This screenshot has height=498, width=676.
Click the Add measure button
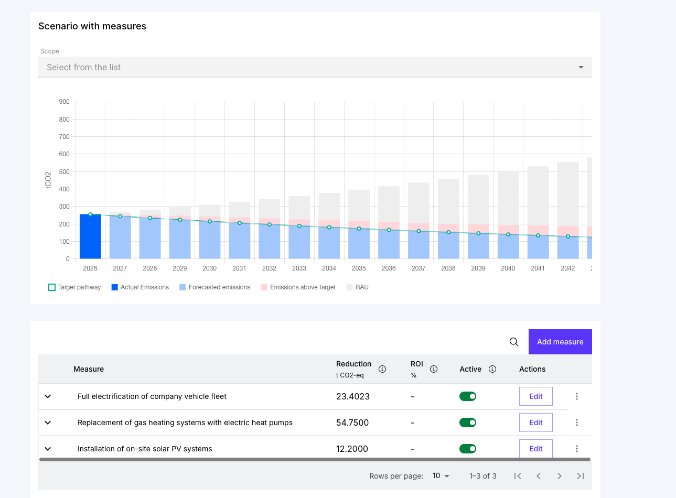[560, 342]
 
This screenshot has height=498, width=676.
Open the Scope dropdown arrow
[581, 67]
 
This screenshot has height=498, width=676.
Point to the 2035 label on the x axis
[359, 268]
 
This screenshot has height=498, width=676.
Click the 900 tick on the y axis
[64, 102]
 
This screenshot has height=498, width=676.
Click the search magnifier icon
[514, 342]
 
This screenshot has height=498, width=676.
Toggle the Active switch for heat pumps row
[467, 423]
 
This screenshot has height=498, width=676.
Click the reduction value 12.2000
[352, 449]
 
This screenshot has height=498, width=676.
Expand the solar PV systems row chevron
[48, 449]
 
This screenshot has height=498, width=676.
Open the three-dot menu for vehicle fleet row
[577, 396]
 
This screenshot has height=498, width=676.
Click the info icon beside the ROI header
[434, 369]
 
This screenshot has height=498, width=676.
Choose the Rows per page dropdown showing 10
[441, 476]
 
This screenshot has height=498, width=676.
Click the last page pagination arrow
[580, 476]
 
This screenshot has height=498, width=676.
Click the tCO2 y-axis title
[48, 180]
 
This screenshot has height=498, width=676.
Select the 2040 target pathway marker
[508, 234]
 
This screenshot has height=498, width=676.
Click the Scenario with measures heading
[92, 26]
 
